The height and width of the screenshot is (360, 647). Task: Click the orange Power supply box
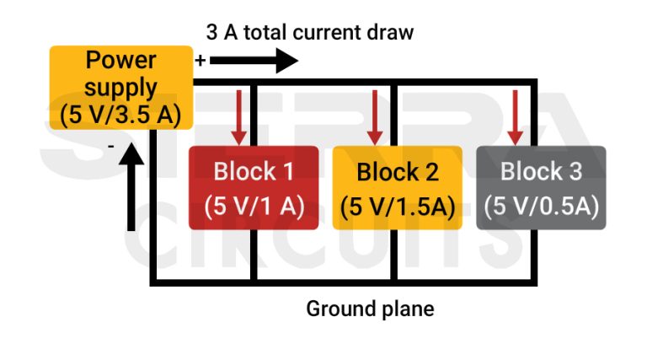click(x=121, y=87)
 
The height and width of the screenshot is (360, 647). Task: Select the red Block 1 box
click(x=253, y=187)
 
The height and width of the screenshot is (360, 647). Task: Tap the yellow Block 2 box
click(x=398, y=187)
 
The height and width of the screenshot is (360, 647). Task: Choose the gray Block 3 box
click(x=541, y=187)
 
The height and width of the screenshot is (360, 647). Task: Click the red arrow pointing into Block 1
click(x=239, y=115)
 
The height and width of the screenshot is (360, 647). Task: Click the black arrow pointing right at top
click(x=254, y=61)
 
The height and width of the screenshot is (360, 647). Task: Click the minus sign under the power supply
click(x=111, y=146)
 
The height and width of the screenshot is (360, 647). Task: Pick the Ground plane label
click(x=370, y=309)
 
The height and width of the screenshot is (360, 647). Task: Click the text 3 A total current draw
click(x=310, y=33)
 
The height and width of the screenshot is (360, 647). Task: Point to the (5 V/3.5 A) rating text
click(x=121, y=114)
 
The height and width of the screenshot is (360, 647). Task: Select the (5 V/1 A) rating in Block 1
click(x=253, y=207)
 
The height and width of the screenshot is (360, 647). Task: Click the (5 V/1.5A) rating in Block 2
click(x=398, y=207)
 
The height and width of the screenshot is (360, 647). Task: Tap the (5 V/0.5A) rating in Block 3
click(x=541, y=207)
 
